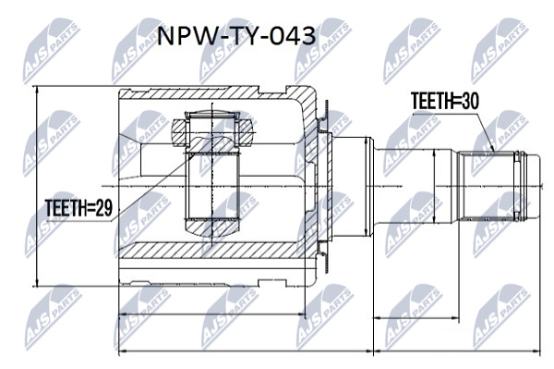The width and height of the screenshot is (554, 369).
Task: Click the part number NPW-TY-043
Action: coord(236,36)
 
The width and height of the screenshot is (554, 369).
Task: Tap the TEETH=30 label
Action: coord(445,101)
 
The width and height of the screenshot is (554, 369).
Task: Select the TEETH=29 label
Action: coord(78,207)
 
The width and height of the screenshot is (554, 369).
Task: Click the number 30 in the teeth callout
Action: coord(470,101)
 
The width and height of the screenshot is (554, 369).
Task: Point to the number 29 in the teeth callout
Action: coord(103,207)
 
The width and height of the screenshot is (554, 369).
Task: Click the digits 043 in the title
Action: coord(293,36)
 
